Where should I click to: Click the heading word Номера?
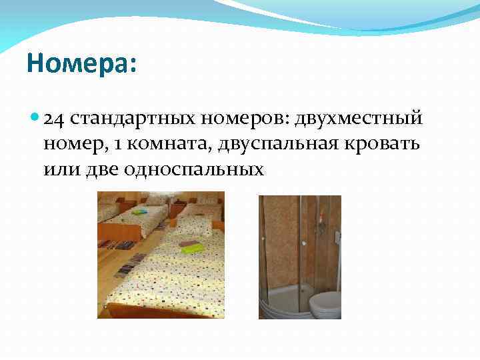pos(80,65)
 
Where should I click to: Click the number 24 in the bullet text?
pos(54,119)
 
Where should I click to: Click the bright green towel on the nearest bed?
pos(193,249)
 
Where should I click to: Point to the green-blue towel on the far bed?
pos(139,212)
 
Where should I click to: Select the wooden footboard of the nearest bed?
pos(153,310)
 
